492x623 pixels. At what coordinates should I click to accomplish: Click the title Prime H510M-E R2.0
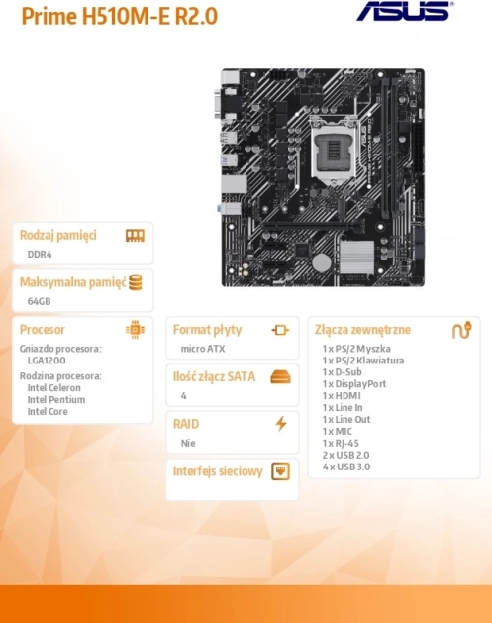[120, 16]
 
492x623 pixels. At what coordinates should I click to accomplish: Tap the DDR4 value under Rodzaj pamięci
[40, 254]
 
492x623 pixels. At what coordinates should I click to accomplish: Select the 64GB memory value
[39, 301]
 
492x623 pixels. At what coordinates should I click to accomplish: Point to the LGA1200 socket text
[47, 361]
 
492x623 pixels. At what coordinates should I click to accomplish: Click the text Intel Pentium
[56, 400]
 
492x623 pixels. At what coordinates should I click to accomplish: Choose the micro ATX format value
[203, 349]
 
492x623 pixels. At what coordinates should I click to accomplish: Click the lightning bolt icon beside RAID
[281, 424]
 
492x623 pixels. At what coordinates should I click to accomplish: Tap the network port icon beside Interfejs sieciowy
[280, 471]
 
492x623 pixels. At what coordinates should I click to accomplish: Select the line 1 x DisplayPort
[354, 384]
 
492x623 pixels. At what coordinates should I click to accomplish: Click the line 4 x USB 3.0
[346, 467]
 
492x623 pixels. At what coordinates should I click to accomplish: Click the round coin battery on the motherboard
[322, 262]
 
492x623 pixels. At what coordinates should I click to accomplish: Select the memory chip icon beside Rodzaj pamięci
[135, 235]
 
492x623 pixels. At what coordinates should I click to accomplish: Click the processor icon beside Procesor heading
[135, 330]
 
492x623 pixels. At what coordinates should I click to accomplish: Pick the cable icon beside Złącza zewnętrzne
[462, 330]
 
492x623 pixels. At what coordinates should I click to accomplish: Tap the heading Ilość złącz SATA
[214, 376]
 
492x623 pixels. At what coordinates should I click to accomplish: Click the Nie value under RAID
[188, 443]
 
